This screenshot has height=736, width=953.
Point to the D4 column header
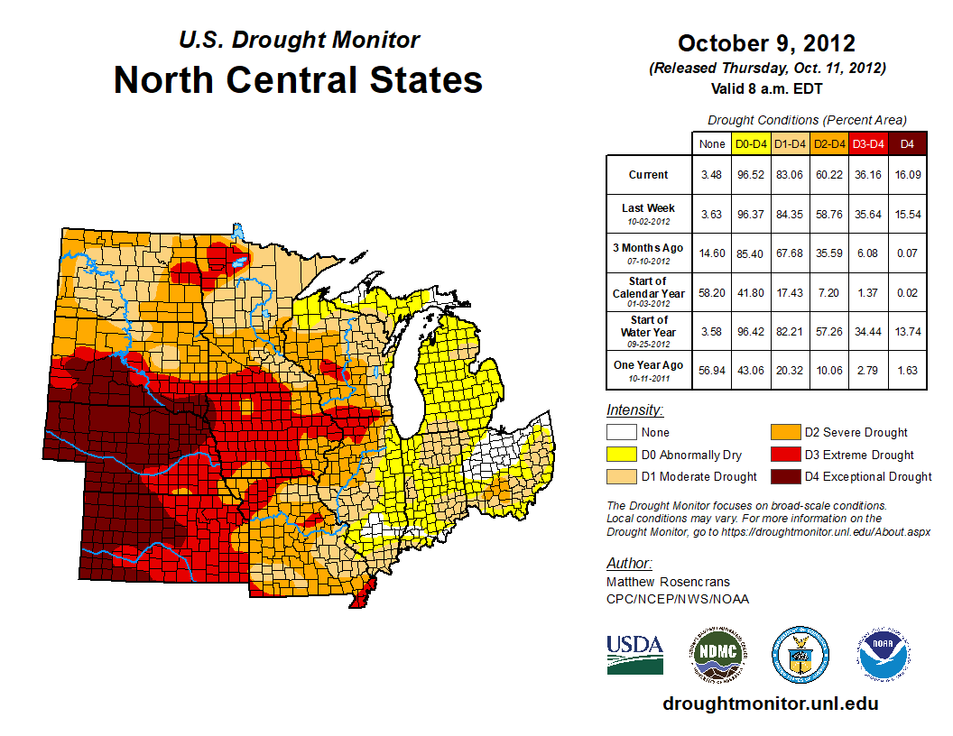click(x=908, y=143)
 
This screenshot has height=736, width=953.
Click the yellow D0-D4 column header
click(x=751, y=143)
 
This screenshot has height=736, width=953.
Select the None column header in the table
click(x=711, y=143)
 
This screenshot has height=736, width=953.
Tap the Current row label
click(x=649, y=175)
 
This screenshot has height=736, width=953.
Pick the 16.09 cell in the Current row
click(x=908, y=175)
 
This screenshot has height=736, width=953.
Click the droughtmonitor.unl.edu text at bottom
click(x=770, y=704)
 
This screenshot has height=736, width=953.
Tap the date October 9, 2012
click(x=766, y=43)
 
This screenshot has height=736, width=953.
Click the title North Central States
click(x=298, y=80)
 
